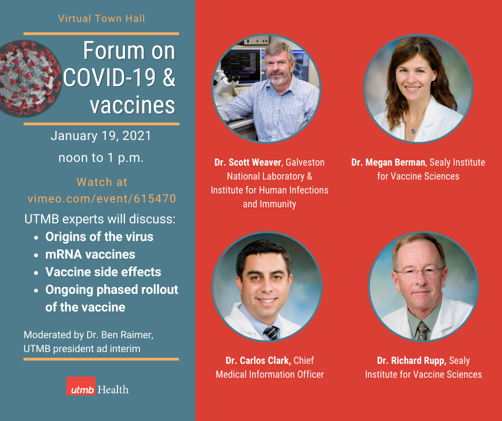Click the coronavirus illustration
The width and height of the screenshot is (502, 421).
(29, 78)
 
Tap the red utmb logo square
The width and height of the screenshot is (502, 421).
(81, 386)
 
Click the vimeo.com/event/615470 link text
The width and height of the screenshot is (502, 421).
(102, 199)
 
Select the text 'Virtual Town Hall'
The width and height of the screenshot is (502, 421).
(101, 18)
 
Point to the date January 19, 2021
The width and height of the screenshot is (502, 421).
(101, 136)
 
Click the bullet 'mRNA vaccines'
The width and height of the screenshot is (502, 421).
(90, 254)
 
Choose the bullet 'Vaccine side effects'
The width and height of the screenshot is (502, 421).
(103, 272)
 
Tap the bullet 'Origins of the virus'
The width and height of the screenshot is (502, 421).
(99, 237)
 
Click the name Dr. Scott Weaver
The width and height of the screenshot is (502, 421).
(247, 162)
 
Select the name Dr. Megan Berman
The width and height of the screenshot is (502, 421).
(388, 162)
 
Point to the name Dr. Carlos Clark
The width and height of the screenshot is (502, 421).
(258, 361)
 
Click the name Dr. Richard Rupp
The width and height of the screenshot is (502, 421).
(411, 361)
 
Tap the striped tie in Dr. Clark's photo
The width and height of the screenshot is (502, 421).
(271, 333)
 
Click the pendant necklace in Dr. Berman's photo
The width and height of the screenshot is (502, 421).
(413, 130)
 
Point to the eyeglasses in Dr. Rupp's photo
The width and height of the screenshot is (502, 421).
(420, 272)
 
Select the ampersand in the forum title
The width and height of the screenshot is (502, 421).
(169, 77)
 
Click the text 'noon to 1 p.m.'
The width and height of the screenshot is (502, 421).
(101, 158)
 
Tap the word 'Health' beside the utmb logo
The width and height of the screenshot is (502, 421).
(113, 389)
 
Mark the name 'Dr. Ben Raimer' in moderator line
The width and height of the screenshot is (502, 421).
(120, 335)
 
